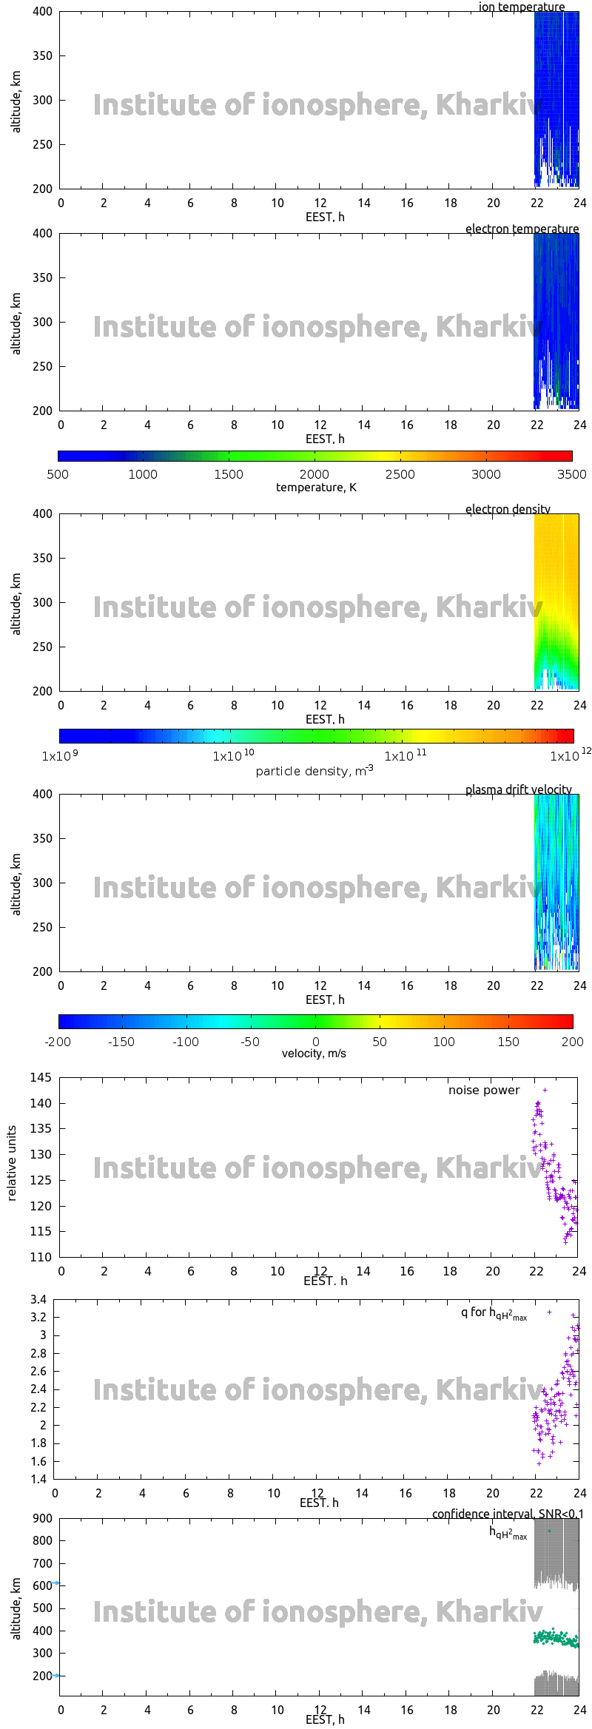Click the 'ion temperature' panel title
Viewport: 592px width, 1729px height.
point(521,7)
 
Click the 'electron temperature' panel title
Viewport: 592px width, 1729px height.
point(522,229)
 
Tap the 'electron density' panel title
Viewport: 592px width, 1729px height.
point(508,509)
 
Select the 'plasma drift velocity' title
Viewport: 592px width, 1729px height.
point(518,789)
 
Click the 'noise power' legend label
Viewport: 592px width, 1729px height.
point(483,1090)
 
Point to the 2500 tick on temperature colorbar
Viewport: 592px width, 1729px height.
point(400,474)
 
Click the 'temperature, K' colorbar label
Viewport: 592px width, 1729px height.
point(316,487)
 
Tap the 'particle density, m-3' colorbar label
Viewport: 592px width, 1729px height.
point(314,771)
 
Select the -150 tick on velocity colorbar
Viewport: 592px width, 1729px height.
point(121,1042)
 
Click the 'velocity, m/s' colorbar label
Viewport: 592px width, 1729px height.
point(314,1053)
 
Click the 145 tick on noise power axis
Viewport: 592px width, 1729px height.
point(41,1077)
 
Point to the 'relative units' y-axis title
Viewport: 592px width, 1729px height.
point(12,1163)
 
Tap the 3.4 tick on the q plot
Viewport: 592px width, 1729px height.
point(38,1299)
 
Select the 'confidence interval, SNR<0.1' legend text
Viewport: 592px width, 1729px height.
point(507,1514)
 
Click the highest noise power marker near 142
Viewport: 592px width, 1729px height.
point(545,1090)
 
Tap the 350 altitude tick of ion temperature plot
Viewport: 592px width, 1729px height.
point(43,55)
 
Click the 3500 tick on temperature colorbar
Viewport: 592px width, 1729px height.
point(571,474)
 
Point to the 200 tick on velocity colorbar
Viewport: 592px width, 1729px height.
point(572,1042)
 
